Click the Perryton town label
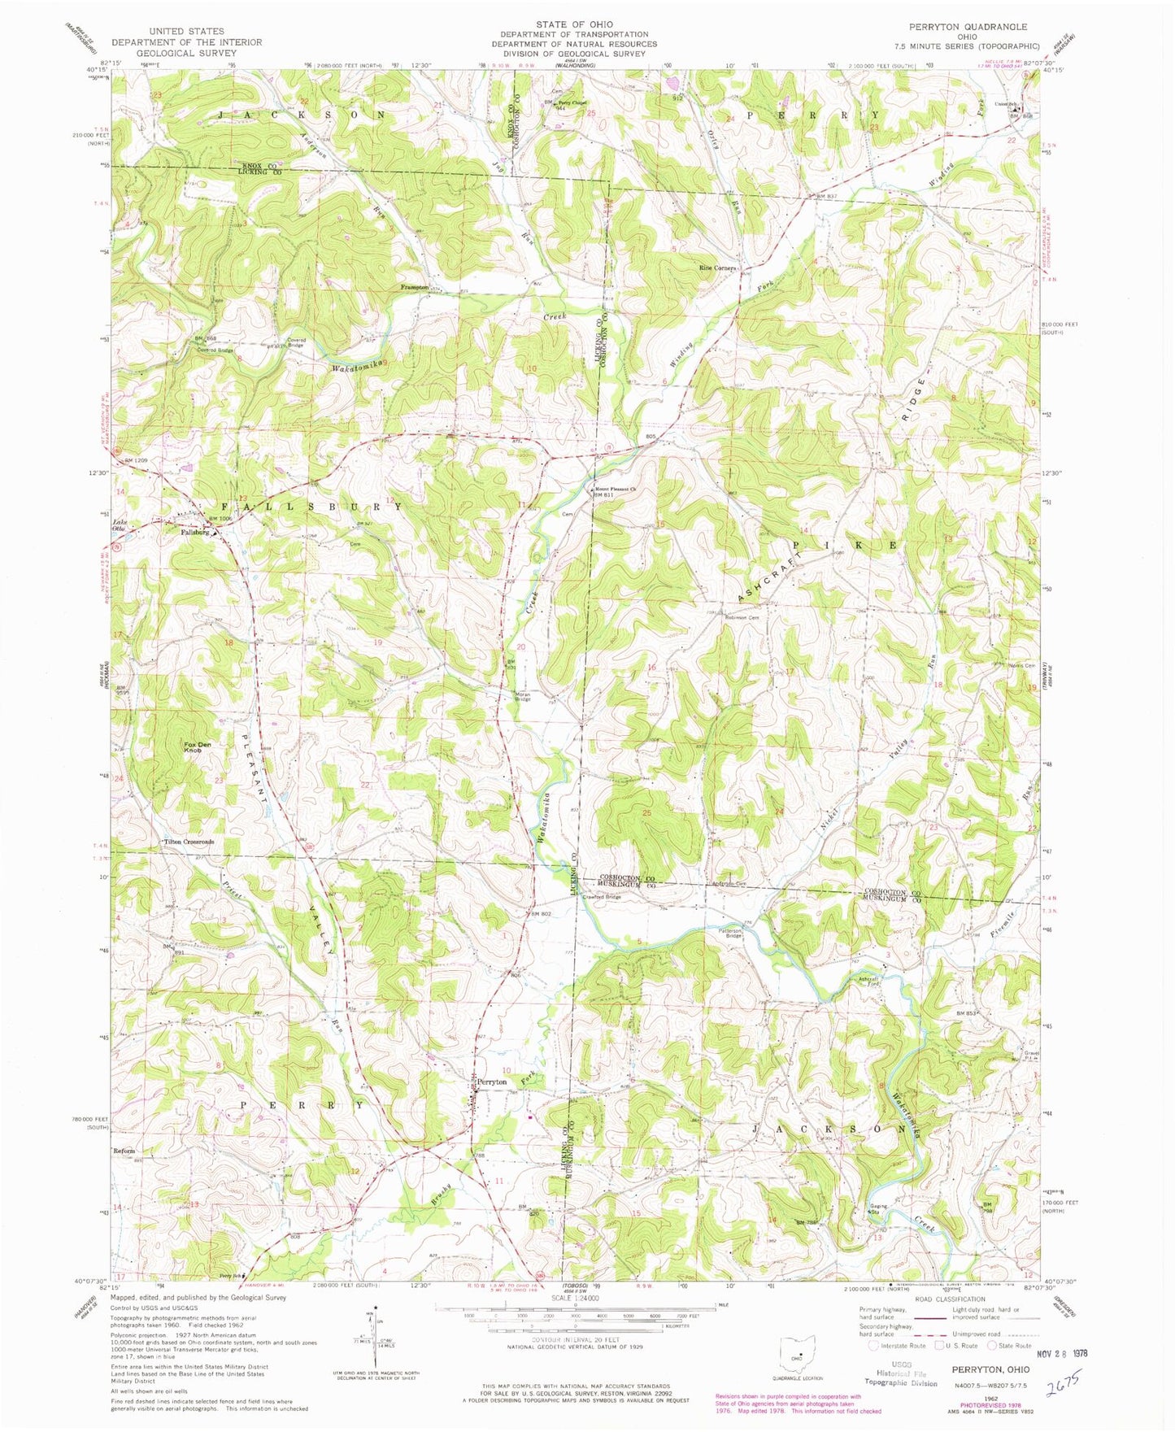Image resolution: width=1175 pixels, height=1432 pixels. coord(492,1082)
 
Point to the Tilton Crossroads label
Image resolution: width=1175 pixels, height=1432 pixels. coord(189,842)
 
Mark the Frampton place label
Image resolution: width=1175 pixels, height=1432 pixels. coord(415,287)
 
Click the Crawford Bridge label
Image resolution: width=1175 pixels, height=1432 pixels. coord(602,897)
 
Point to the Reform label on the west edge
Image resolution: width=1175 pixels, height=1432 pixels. coord(124,1151)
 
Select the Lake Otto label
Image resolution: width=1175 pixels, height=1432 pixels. coord(120,524)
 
